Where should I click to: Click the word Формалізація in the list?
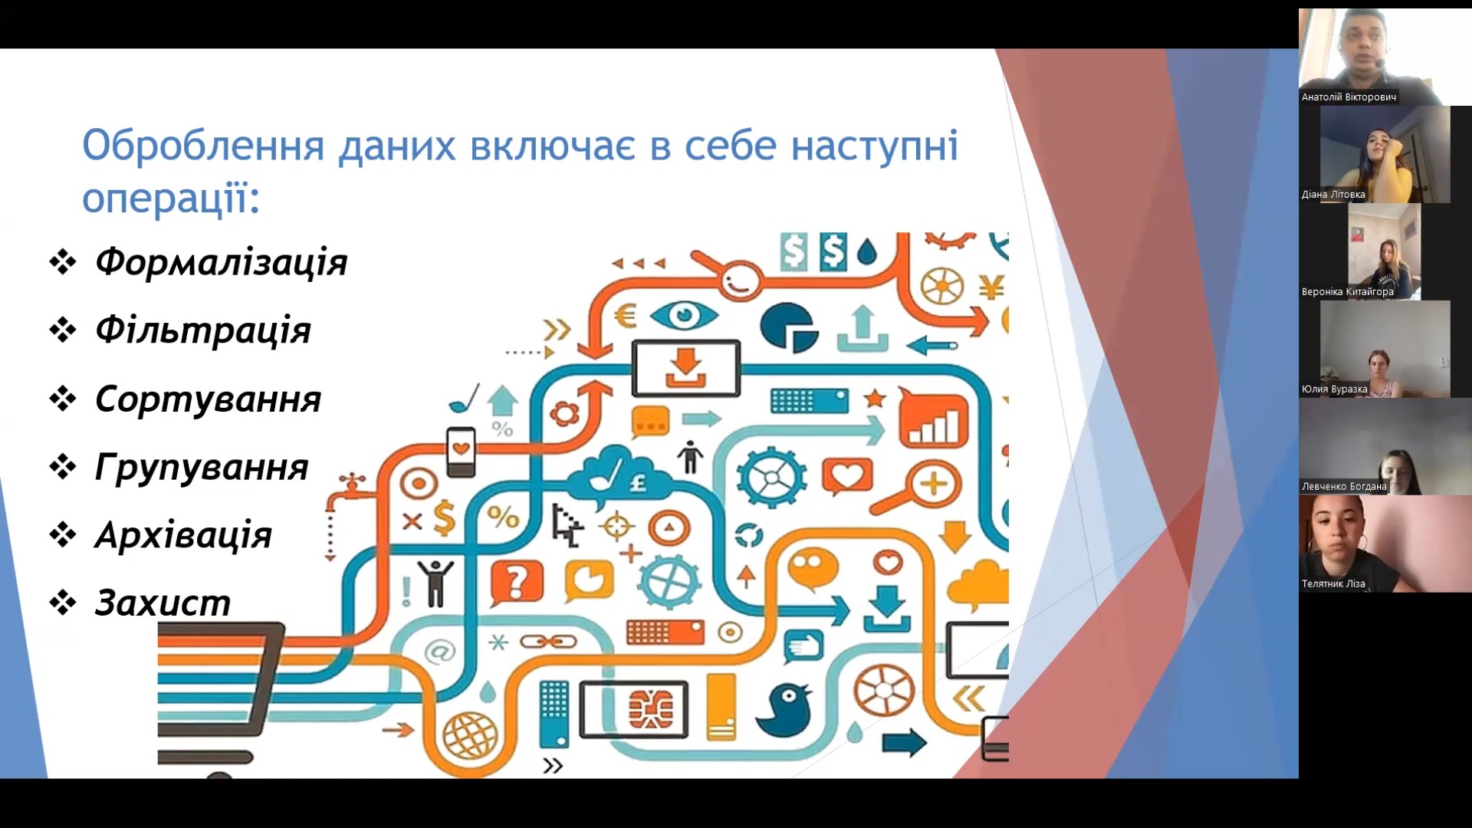coord(221,262)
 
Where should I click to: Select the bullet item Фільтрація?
coord(203,330)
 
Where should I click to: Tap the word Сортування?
coord(208,399)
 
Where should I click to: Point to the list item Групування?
coord(202,467)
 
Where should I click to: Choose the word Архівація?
coord(183,534)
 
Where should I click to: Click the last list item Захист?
coord(163,603)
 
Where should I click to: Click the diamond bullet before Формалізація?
coord(63,262)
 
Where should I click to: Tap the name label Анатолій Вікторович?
coord(1349,97)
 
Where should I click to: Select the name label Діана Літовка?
coord(1333,195)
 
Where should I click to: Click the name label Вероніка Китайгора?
coord(1347,292)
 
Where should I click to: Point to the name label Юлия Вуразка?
coord(1334,389)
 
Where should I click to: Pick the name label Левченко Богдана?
coord(1344,487)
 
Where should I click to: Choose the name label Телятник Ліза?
coord(1333,584)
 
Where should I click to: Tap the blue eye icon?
coord(684,315)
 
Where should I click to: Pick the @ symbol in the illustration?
coord(439,652)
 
